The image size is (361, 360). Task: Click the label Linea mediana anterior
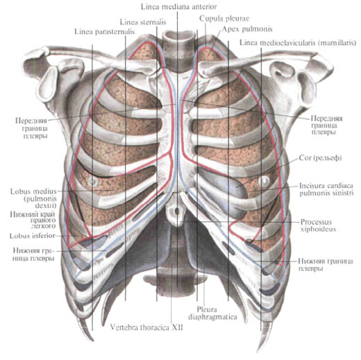coord(178,7)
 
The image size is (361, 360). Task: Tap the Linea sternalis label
coord(143,22)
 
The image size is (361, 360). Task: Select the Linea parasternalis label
coord(104,32)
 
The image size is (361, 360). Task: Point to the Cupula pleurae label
coord(224,19)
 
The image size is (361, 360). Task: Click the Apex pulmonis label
coord(247,29)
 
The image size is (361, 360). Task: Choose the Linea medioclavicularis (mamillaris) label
coord(298,43)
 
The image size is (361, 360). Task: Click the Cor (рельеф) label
coord(320,158)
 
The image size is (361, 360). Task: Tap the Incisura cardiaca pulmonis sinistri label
coord(326,189)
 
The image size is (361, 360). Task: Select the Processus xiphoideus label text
coord(318,225)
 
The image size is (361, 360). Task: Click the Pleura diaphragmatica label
coord(212,313)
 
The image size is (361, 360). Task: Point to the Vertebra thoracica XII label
coord(146,327)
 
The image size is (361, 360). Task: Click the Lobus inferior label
coord(33,236)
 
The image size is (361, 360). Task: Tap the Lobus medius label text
coord(33,198)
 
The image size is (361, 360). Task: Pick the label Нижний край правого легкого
coord(33,220)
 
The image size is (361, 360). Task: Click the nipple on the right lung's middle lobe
coord(92,181)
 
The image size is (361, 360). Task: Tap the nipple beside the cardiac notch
coord(264,180)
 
